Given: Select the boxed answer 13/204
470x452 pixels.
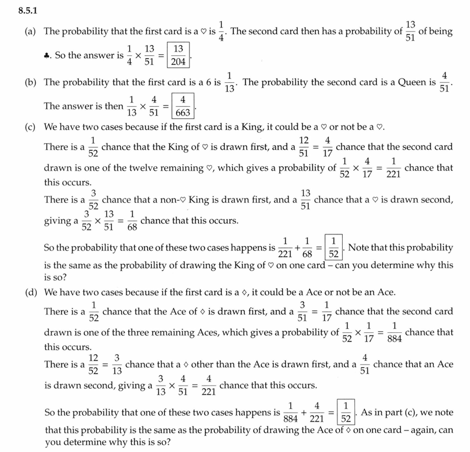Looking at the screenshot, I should pyautogui.click(x=178, y=55).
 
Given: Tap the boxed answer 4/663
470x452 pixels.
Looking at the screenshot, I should pyautogui.click(x=182, y=106).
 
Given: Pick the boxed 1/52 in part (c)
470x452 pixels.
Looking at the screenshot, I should pyautogui.click(x=333, y=247).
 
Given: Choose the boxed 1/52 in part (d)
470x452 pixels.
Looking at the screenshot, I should pyautogui.click(x=346, y=412).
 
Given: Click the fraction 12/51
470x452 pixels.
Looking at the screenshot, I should pyautogui.click(x=304, y=147).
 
